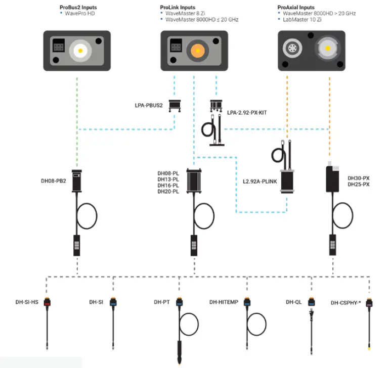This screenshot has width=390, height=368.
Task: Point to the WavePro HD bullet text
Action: [x=80, y=13]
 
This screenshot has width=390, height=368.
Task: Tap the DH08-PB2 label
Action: [x=53, y=181]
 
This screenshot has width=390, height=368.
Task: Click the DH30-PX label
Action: [x=359, y=178]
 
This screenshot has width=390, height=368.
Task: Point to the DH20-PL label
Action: [x=168, y=192]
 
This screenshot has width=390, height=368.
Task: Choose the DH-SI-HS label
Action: [x=27, y=302]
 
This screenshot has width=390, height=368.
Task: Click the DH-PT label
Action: [x=161, y=302]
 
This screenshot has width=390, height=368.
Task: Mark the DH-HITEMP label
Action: [x=224, y=302]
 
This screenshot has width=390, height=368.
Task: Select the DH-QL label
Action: [x=293, y=302]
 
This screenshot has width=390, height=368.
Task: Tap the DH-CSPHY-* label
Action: [x=345, y=303]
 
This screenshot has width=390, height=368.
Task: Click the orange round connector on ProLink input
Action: [x=197, y=50]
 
